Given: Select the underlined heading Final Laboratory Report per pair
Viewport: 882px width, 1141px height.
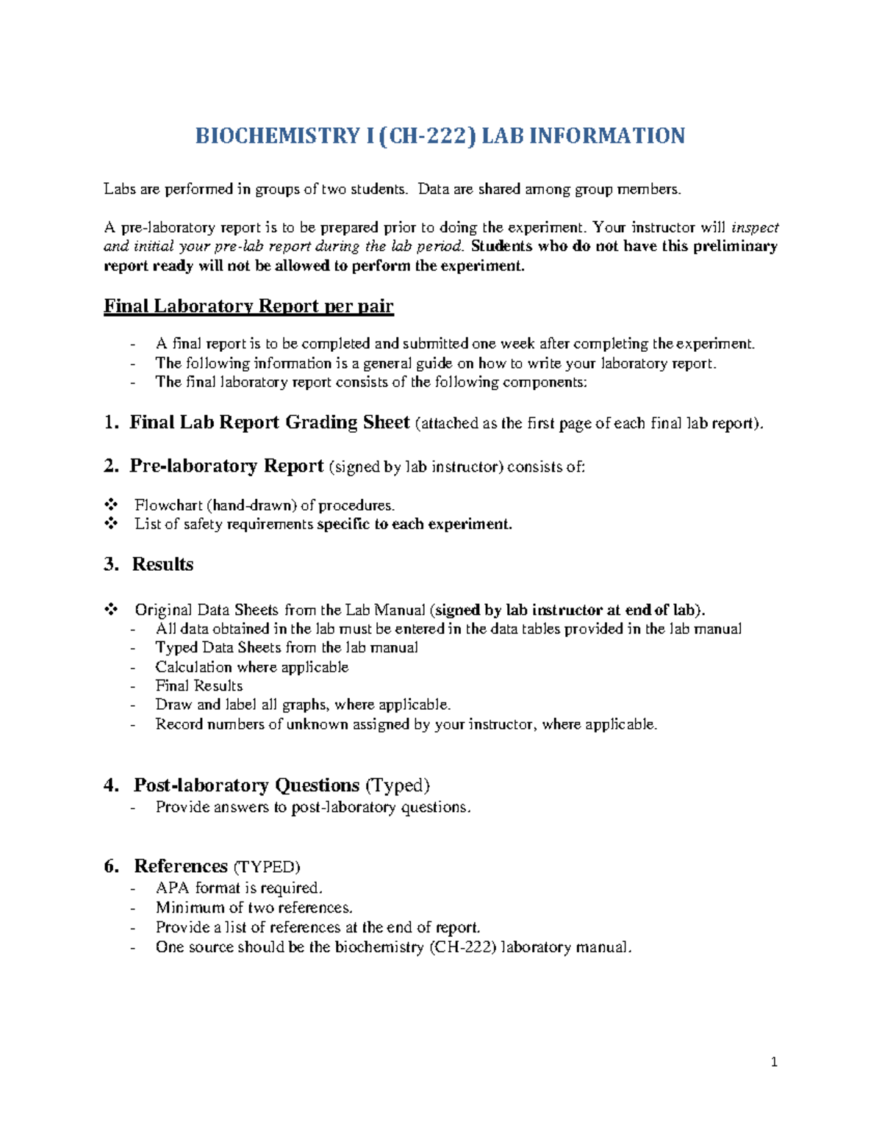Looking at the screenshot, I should (248, 306).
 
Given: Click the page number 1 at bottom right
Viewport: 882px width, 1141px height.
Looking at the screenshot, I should (774, 1062).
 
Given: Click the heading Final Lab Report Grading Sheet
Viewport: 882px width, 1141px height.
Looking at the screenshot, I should (269, 422).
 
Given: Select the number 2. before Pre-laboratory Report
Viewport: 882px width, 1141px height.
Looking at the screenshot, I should (111, 466).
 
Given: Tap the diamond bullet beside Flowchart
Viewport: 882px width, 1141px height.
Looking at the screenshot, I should (111, 505).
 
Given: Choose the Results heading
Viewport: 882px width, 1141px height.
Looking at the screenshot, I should (162, 564).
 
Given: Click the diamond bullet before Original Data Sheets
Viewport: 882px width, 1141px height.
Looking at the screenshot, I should (111, 609).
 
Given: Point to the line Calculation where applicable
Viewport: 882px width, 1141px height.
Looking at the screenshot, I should (251, 667).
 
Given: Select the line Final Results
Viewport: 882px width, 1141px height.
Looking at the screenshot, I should (198, 685).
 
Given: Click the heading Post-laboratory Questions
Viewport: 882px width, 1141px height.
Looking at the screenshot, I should (246, 785).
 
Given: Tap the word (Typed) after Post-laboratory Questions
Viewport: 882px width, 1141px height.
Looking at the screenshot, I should (398, 785).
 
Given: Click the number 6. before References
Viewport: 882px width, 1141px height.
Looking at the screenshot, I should (111, 866).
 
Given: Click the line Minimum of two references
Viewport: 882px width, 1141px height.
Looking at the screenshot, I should (254, 907).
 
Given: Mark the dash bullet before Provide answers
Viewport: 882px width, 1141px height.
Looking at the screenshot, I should (133, 807).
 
